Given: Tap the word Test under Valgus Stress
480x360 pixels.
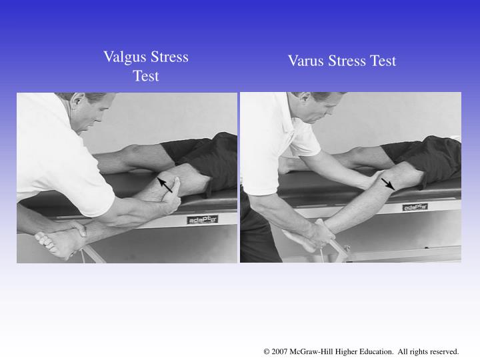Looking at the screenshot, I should (146, 76).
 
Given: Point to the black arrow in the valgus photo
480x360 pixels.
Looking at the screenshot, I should (164, 184).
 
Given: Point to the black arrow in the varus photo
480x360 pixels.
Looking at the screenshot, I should (387, 183).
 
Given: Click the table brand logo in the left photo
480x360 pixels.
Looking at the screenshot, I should (201, 219).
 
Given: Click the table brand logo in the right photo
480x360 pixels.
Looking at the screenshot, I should (415, 207).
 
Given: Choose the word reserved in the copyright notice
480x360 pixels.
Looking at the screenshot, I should (443, 351).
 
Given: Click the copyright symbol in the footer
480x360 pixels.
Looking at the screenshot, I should (267, 351).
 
